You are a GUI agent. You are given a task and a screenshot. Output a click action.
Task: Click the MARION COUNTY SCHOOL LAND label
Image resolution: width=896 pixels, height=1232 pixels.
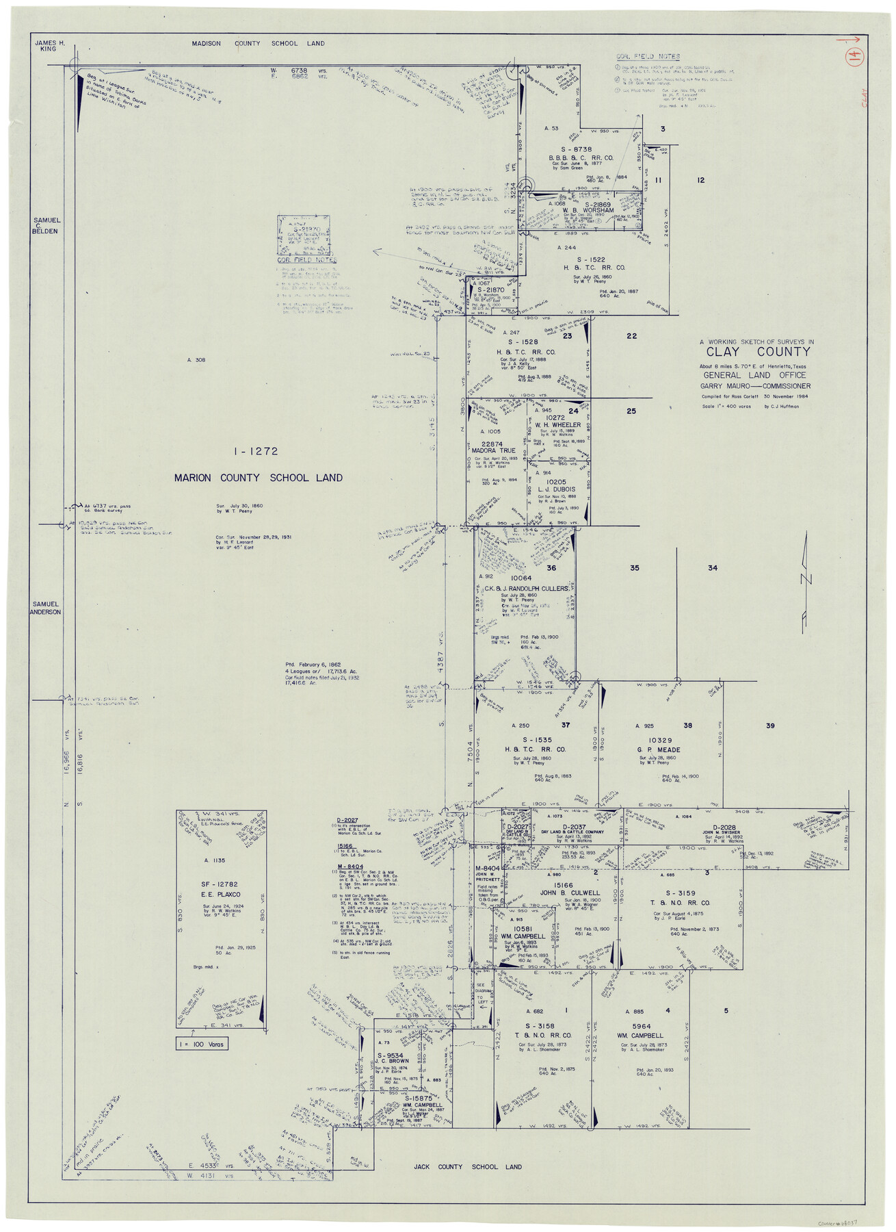click(x=258, y=478)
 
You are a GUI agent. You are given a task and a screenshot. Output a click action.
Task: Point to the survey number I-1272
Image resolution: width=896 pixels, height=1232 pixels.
click(x=255, y=452)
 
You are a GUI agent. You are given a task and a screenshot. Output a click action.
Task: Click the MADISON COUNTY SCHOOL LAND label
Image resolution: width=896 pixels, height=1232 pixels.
click(x=258, y=43)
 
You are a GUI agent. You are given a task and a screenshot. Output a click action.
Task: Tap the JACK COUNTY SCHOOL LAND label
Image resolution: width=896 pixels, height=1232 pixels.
click(x=467, y=1166)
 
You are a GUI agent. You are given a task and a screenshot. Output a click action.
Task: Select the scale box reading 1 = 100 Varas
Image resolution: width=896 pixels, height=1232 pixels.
click(x=202, y=1044)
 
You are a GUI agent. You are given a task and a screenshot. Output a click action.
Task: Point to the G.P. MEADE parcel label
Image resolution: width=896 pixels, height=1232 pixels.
click(x=659, y=749)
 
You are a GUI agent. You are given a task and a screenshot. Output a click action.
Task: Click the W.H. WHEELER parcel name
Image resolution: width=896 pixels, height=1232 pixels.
click(x=557, y=425)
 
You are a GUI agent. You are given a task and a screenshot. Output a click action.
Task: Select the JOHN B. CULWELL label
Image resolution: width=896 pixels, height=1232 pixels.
click(x=570, y=893)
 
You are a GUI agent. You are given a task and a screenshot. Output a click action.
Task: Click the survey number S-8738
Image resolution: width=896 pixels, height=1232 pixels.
click(x=576, y=149)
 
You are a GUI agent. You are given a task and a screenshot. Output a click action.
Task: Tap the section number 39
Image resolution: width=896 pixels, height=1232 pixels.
click(x=770, y=726)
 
